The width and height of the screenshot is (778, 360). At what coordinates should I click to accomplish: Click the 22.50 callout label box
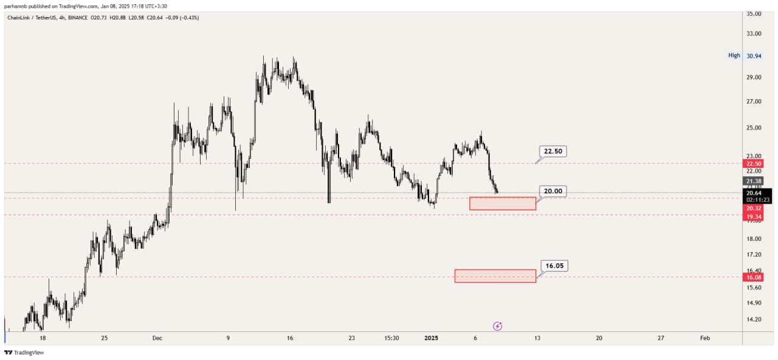553,151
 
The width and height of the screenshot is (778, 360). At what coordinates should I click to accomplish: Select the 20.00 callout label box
553,191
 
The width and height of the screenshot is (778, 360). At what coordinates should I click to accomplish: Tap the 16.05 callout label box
554,266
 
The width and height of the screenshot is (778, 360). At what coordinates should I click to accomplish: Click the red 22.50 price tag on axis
753,164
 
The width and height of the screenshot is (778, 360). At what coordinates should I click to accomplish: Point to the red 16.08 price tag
753,277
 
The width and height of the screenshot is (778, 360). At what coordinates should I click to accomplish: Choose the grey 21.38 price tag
753,181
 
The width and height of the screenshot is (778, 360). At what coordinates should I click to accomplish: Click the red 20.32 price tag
753,208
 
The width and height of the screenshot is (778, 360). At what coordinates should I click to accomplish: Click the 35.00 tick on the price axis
754,13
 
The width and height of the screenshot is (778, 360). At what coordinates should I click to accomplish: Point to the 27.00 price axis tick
754,102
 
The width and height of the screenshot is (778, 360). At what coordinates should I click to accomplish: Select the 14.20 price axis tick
754,319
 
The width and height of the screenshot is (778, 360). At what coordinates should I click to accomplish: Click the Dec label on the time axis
157,338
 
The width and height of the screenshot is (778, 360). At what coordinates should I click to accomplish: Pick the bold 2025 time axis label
432,338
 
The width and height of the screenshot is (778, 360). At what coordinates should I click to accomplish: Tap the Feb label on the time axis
705,338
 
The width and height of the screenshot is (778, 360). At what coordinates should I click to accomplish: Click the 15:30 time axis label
391,338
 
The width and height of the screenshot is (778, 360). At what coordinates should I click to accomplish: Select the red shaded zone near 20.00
503,204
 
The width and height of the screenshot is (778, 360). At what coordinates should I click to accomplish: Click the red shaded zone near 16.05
495,276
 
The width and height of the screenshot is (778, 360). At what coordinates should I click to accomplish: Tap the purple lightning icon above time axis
497,326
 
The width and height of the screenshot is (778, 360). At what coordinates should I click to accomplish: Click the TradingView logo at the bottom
24,353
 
